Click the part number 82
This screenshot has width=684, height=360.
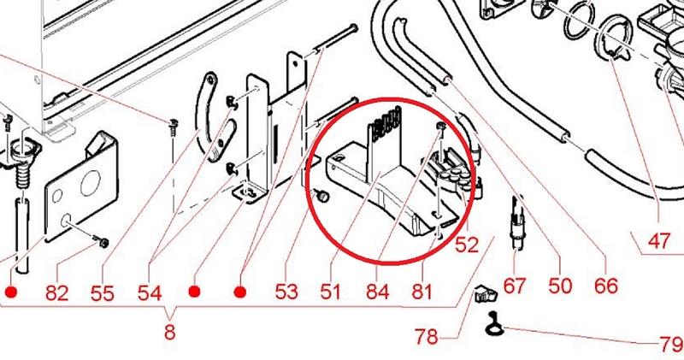pos(57,292)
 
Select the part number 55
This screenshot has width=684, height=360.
pos(102,292)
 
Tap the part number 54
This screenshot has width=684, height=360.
pos(150,292)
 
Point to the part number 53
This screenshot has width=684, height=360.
pos(286,292)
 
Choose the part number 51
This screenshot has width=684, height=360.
pos(330,292)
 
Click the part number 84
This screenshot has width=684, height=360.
pos(378,292)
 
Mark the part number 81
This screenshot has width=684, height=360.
pos(422,292)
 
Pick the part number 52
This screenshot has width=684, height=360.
pos(467,245)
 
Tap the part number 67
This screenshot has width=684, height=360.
pos(515,286)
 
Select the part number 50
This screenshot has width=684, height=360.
pos(560,286)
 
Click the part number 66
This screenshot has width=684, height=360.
pos(606,286)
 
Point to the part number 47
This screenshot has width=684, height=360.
pos(658,241)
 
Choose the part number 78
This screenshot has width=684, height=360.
pos(426,336)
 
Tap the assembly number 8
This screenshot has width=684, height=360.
pos(169,332)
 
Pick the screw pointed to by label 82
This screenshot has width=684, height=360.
pos(102,241)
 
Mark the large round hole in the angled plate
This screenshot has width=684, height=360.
pos(91,182)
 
